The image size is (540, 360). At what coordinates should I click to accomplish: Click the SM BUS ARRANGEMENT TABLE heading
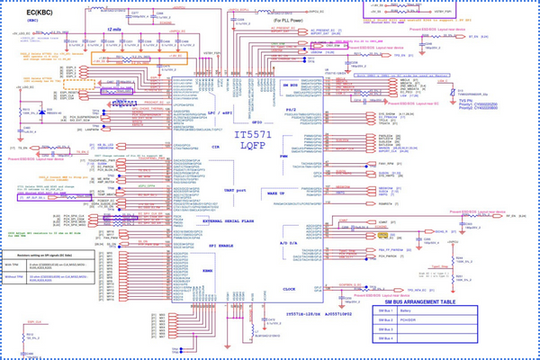click(418, 301)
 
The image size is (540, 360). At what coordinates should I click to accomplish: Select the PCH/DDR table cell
click(432, 319)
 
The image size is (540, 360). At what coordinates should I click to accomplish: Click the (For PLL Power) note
click(211, 20)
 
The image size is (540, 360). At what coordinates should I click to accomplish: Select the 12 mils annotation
click(114, 29)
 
